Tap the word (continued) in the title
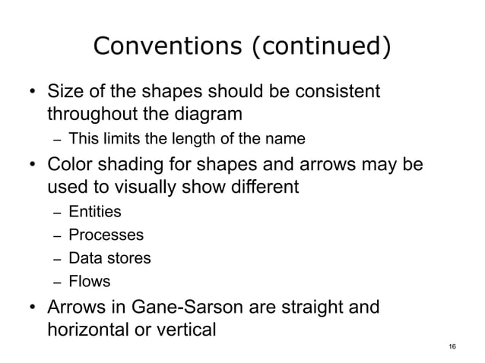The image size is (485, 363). click(319, 48)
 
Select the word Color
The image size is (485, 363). click(69, 165)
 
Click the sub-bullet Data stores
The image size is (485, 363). click(109, 258)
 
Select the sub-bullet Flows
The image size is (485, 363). click(89, 282)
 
